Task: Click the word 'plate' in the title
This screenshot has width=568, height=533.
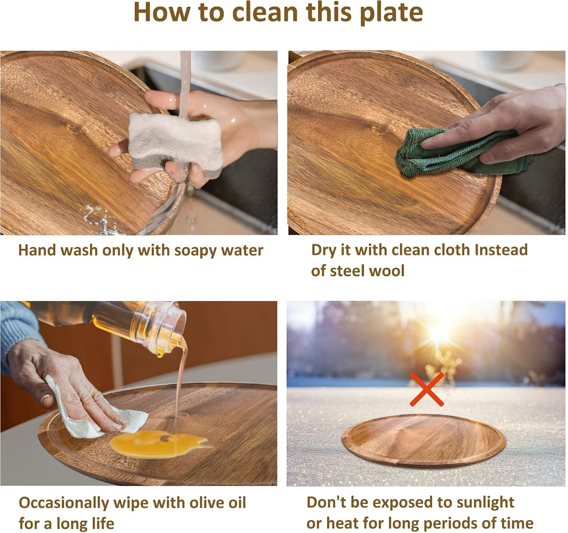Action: (x=391, y=13)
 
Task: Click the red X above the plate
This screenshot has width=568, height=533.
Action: (x=427, y=389)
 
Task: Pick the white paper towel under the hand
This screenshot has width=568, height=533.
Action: (x=94, y=411)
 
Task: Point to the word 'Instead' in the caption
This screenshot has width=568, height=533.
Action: (x=501, y=250)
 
